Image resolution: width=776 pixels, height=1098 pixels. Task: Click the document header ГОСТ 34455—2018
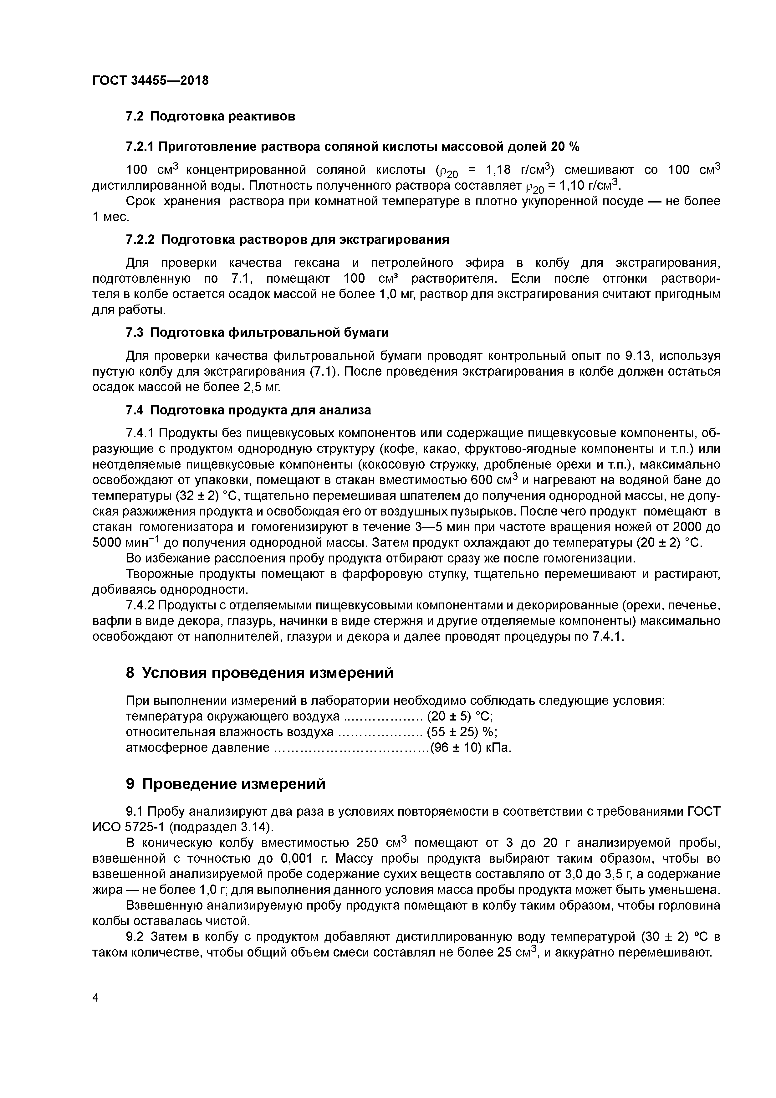tap(150, 80)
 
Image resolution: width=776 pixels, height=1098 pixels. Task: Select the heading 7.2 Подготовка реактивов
tap(210, 116)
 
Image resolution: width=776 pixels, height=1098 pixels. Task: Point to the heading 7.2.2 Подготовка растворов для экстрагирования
tap(287, 239)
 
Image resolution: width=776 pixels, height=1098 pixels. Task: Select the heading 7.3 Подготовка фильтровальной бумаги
tap(257, 332)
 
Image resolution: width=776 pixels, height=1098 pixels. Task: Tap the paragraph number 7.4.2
tap(140, 605)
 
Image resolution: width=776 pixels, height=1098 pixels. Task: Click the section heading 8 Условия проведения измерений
tap(260, 673)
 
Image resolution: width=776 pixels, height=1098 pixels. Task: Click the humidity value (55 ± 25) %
tap(462, 732)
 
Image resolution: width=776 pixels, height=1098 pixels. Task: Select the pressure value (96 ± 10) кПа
tap(471, 747)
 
